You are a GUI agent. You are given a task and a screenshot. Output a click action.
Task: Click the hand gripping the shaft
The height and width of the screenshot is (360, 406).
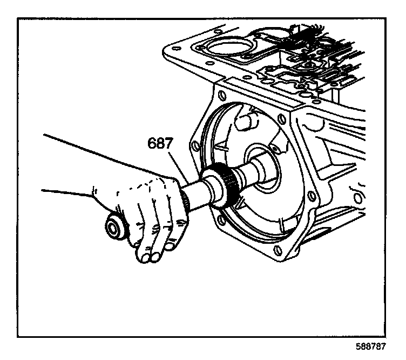[x=146, y=216]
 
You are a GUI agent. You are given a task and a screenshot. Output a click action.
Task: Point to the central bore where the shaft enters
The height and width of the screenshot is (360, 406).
[x=265, y=173]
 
